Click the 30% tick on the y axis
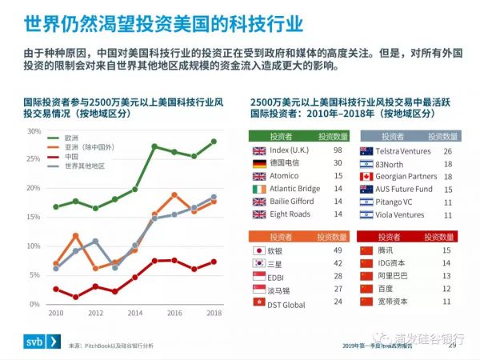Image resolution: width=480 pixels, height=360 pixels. [x=35, y=131]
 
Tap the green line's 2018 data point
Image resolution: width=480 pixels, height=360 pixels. [x=214, y=142]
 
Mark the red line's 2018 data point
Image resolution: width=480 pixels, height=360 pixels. [x=214, y=262]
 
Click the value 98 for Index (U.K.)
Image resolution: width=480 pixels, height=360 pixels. [x=338, y=150]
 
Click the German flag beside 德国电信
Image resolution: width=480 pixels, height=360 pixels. [x=259, y=164]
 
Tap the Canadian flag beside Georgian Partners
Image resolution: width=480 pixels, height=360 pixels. [x=367, y=176]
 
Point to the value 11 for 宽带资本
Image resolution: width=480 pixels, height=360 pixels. [x=446, y=301]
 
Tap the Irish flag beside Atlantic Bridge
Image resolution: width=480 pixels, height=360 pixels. [x=259, y=189]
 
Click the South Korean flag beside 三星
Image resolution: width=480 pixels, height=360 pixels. [x=259, y=262]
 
